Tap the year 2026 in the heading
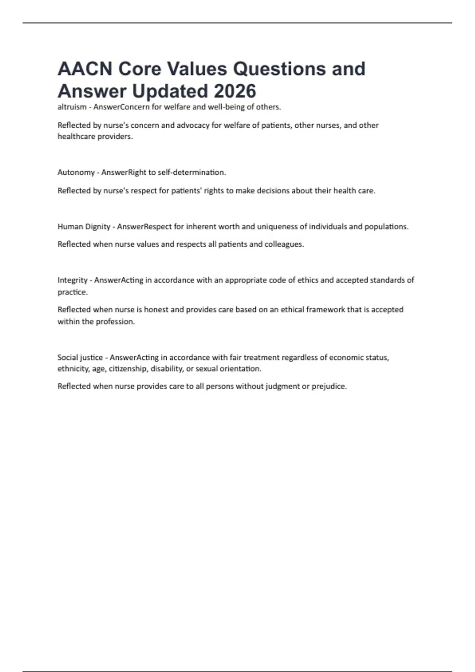(235, 91)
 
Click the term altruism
(72, 107)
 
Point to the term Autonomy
(76, 172)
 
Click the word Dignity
(97, 227)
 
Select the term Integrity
(72, 280)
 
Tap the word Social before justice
(67, 357)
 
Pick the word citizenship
(128, 369)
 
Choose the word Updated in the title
(170, 91)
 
